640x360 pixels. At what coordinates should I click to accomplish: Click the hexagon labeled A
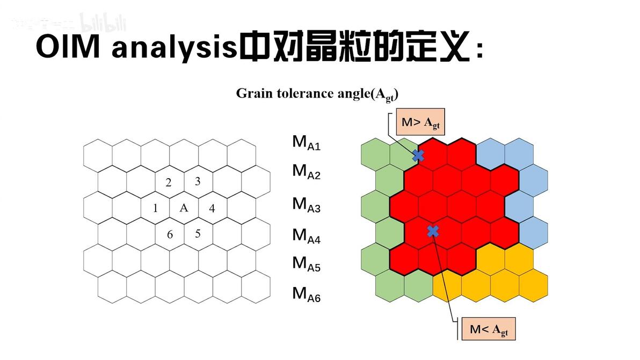click(184, 208)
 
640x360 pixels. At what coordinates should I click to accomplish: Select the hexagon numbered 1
click(155, 208)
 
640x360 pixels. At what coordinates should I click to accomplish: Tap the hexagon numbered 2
click(169, 182)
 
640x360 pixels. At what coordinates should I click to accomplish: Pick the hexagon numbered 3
click(198, 181)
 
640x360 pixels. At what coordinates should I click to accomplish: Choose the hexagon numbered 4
click(212, 208)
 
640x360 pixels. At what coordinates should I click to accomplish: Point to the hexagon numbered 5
click(198, 233)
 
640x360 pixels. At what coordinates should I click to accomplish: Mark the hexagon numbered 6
click(170, 234)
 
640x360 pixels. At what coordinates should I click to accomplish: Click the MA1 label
click(306, 143)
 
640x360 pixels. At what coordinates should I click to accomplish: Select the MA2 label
click(306, 172)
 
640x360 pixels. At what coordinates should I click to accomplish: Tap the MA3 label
click(306, 204)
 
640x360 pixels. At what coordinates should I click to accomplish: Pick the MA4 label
click(306, 236)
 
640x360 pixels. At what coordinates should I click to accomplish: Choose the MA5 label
click(306, 264)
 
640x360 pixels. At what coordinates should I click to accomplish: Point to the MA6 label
click(306, 294)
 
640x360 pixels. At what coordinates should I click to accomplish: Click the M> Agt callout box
click(420, 123)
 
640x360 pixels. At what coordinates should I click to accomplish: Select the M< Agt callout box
click(488, 329)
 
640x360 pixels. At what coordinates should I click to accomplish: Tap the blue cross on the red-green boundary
click(418, 156)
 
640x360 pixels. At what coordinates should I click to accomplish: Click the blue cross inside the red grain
click(433, 231)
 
